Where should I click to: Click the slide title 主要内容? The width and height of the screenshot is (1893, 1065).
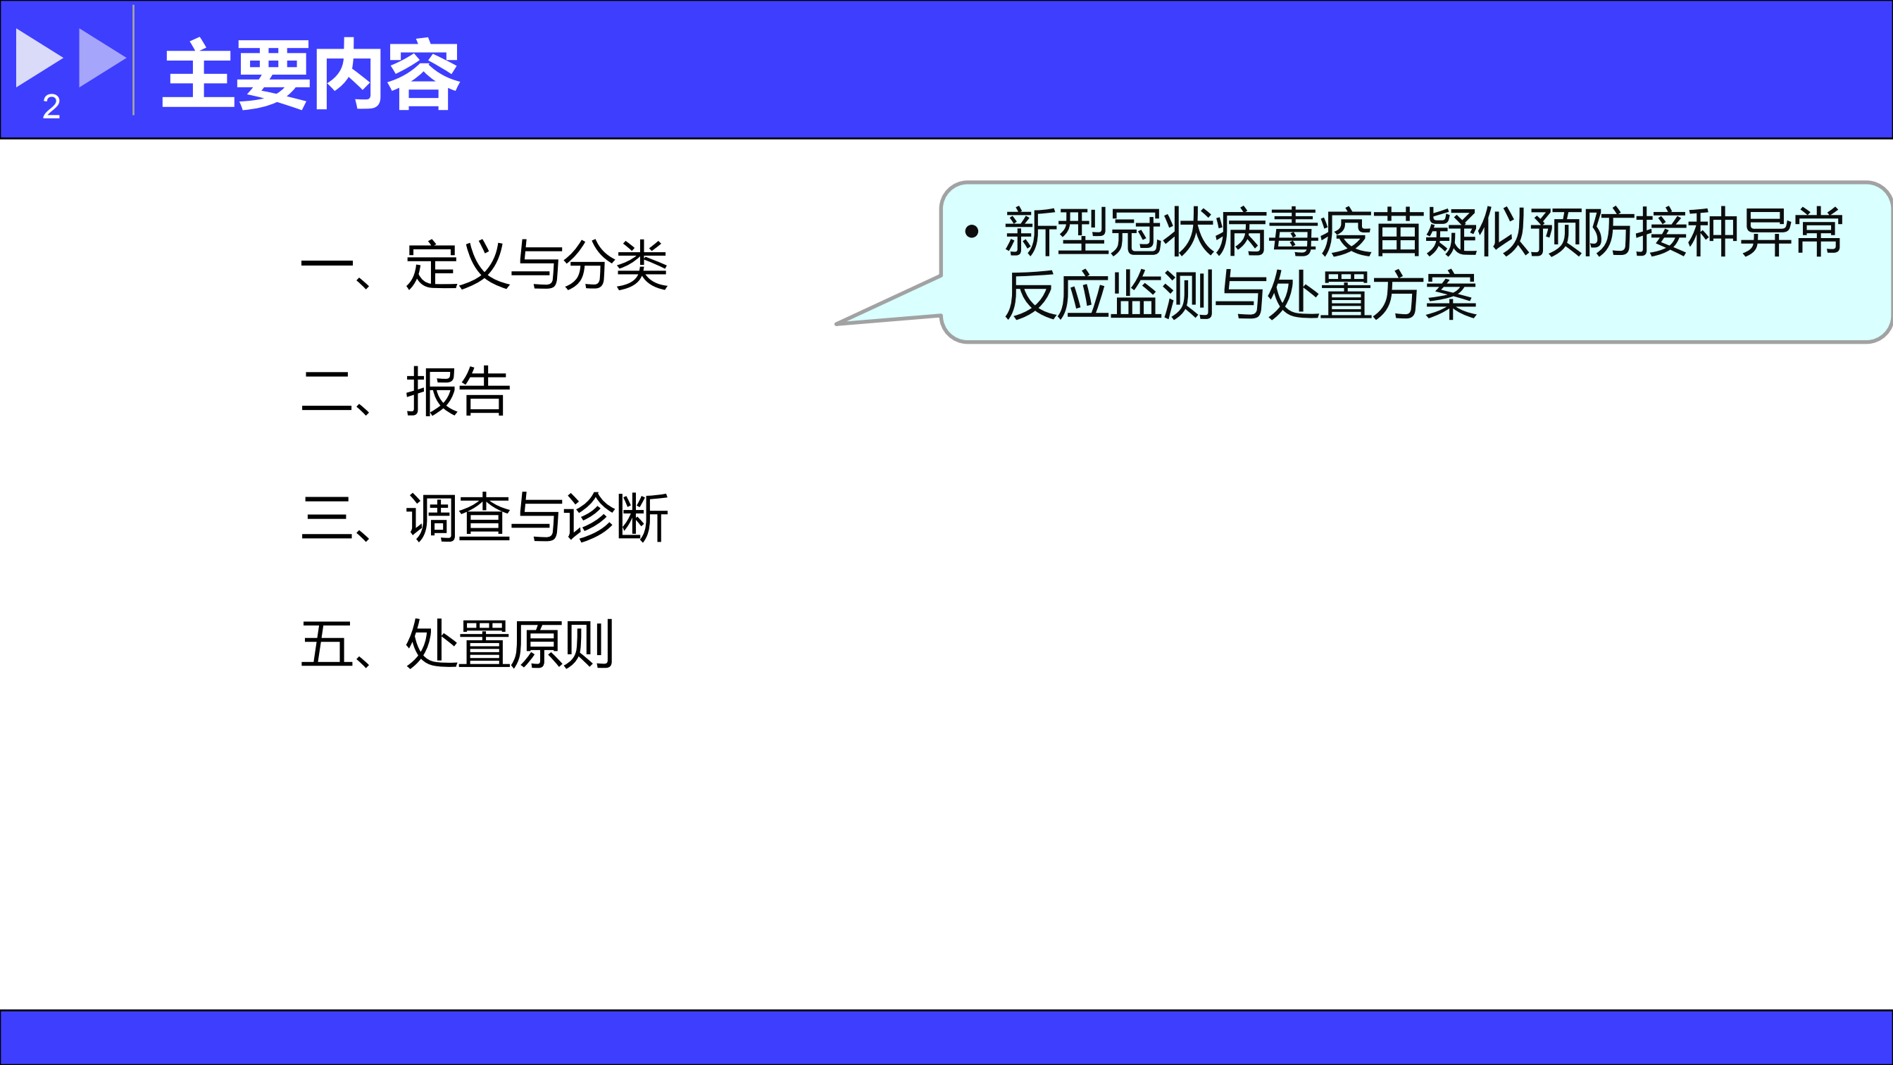(311, 75)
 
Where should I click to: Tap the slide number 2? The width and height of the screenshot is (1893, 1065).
(51, 106)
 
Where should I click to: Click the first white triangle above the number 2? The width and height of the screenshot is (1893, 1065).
(38, 57)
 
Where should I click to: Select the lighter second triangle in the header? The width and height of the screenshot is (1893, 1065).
(101, 57)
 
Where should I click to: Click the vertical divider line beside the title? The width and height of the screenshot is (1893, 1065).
(133, 61)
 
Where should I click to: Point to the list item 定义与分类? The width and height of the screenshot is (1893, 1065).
(537, 266)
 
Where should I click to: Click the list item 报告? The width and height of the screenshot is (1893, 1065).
(458, 392)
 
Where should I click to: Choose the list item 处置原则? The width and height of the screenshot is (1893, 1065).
(510, 644)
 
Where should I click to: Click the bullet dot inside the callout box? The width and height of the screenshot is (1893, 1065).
(971, 232)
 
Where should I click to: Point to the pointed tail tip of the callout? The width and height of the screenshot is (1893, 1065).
(836, 323)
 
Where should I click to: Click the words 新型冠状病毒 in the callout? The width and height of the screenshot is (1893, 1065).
(1162, 232)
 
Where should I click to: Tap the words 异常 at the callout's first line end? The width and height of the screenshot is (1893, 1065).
(1792, 232)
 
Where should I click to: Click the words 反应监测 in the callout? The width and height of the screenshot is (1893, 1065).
(1109, 295)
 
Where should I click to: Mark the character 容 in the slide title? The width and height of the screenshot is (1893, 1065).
(423, 75)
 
